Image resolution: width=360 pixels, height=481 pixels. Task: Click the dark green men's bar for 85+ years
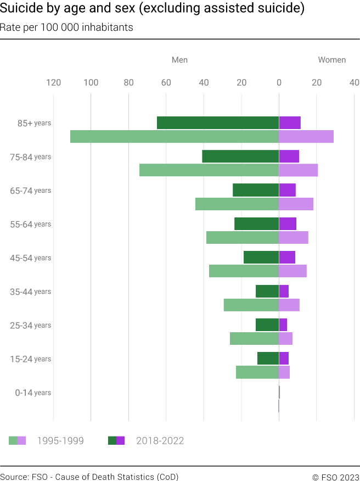tap(218, 123)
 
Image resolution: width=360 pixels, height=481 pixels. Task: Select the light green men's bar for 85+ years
tap(175, 136)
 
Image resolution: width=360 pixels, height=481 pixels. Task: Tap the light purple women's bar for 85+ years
tap(306, 136)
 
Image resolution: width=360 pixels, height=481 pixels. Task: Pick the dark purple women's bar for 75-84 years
tap(289, 156)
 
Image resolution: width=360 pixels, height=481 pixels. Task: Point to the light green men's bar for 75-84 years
tap(209, 170)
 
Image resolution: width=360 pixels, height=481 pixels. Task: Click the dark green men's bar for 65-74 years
tap(256, 190)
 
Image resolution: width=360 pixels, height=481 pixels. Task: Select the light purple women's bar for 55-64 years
tap(294, 237)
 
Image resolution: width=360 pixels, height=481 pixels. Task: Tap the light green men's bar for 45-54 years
tap(244, 271)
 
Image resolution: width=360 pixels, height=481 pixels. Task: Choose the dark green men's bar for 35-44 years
tap(267, 291)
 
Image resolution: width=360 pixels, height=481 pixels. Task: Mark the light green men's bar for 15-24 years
tap(257, 372)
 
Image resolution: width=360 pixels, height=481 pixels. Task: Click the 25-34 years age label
tap(30, 326)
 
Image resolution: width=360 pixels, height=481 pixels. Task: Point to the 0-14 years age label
tap(33, 393)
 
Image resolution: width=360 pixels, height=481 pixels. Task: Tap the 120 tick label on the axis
tap(53, 83)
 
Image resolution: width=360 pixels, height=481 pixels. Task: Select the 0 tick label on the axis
tap(279, 83)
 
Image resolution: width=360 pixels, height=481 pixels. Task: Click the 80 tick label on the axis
tap(128, 83)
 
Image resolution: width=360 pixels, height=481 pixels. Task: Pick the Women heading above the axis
tap(332, 60)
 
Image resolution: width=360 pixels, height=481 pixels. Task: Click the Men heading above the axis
tap(179, 60)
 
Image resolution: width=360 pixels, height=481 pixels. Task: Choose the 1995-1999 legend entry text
tap(60, 441)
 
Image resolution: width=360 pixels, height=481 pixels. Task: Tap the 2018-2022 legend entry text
tap(160, 441)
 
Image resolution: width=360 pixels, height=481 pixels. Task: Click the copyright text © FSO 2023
tap(336, 477)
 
